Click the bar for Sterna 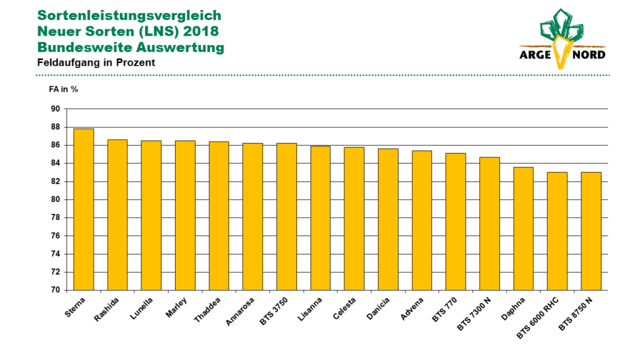[x=84, y=209]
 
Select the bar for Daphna [x=523, y=229]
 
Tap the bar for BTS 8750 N [x=591, y=231]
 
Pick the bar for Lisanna [x=321, y=218]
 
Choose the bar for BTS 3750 [x=286, y=217]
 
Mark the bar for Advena [x=422, y=221]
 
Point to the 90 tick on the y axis [x=56, y=109]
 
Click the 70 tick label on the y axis [x=56, y=290]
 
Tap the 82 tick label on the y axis [x=56, y=182]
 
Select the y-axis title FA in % [x=63, y=89]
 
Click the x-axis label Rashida [x=106, y=310]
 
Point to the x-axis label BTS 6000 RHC [x=537, y=319]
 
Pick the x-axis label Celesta [x=344, y=309]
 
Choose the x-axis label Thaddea [x=207, y=310]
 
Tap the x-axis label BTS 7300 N [x=474, y=314]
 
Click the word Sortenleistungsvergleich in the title [x=129, y=16]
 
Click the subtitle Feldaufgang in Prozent [x=96, y=63]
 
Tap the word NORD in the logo [x=589, y=55]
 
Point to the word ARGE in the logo [x=536, y=55]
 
